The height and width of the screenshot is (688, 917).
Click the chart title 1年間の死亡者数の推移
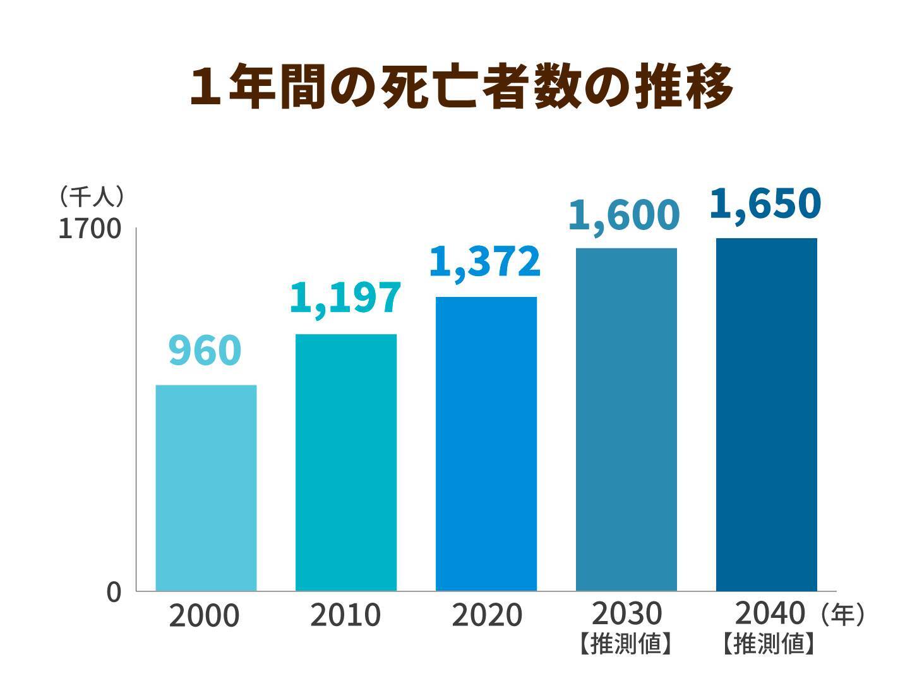click(x=460, y=87)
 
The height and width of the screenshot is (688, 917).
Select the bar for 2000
click(x=206, y=488)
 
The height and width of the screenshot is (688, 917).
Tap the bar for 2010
click(x=346, y=462)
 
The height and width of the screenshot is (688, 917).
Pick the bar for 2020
click(x=486, y=444)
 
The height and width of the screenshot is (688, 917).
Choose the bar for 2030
click(x=626, y=419)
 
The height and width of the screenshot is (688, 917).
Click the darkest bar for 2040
click(x=766, y=414)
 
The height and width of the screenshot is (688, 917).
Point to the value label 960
click(x=205, y=351)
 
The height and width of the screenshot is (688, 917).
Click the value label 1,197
click(x=345, y=298)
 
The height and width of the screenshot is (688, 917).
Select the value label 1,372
click(x=485, y=262)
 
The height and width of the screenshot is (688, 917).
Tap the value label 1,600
click(x=625, y=215)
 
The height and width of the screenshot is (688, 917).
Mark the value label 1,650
click(x=765, y=203)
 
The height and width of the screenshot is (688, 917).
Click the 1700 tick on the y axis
click(x=90, y=229)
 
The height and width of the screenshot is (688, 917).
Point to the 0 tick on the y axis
click(x=114, y=593)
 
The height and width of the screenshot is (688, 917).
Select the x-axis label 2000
click(x=204, y=616)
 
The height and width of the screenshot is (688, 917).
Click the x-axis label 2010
click(x=345, y=615)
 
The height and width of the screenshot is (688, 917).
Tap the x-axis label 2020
click(x=486, y=615)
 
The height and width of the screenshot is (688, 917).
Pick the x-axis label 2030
click(x=626, y=613)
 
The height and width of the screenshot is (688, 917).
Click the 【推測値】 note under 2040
click(x=767, y=644)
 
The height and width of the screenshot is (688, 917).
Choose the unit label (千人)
click(x=91, y=196)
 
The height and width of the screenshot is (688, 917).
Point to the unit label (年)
click(x=842, y=614)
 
